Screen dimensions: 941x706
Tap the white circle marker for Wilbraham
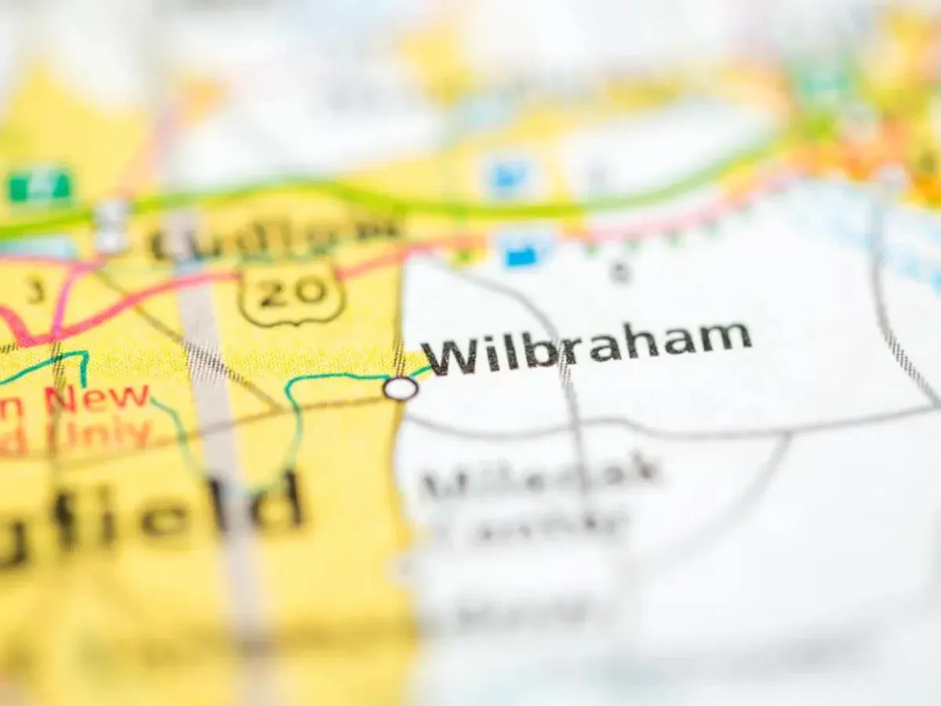401,388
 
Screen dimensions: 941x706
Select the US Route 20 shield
292,293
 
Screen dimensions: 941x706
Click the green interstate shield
39,186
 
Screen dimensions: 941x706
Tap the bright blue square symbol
519,254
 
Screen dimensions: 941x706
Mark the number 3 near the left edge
34,292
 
